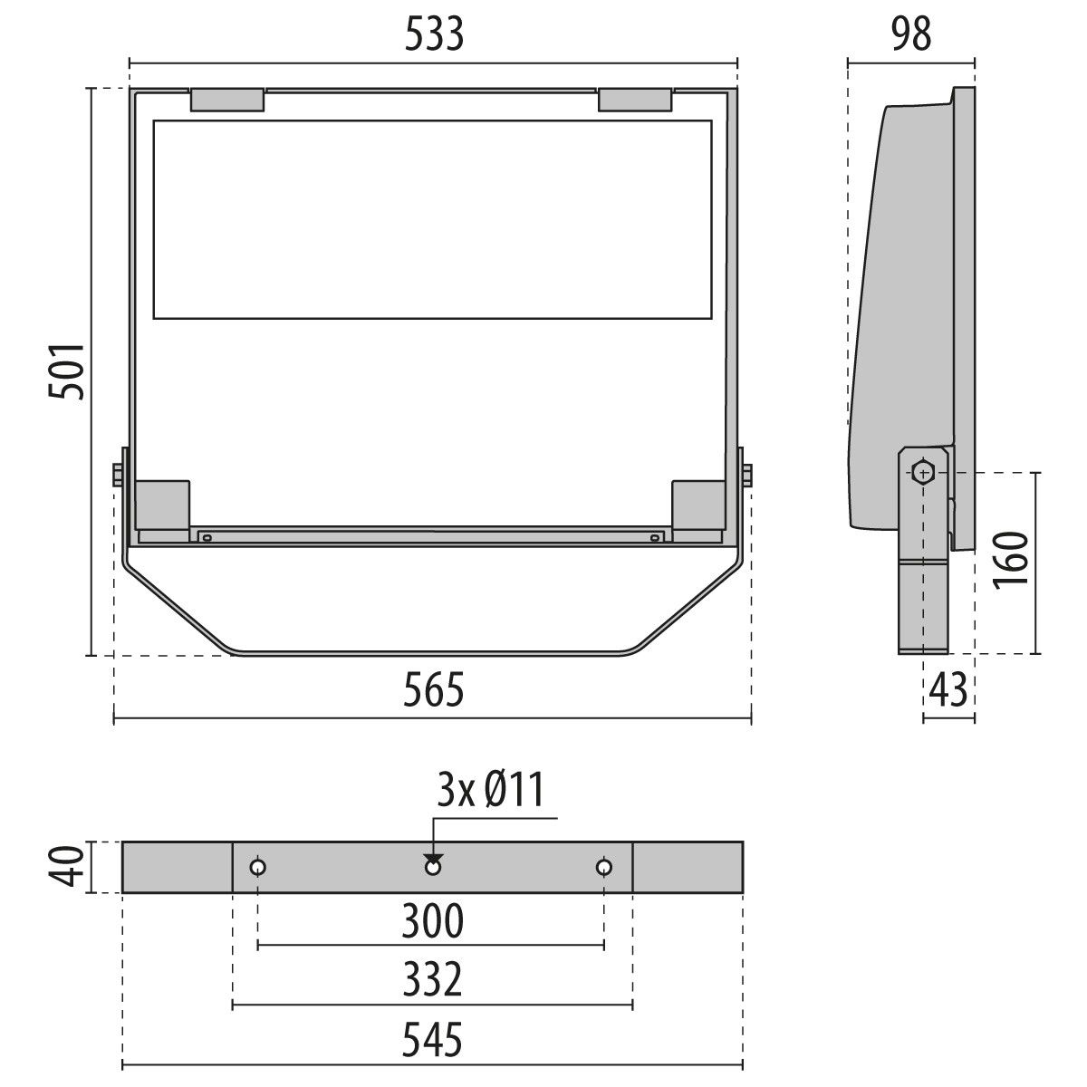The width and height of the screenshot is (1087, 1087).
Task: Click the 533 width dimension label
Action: [x=434, y=34]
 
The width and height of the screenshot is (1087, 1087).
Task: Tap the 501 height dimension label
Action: [x=67, y=370]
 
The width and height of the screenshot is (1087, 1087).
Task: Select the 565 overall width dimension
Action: [x=434, y=691]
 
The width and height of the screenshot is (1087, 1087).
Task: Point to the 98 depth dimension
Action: [x=910, y=34]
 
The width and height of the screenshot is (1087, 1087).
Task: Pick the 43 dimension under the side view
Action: [x=948, y=691]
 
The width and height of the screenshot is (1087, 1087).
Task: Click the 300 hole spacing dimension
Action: [x=432, y=921]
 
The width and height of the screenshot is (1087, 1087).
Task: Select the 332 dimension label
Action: [x=432, y=980]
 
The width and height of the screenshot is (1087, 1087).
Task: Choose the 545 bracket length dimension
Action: [x=432, y=1040]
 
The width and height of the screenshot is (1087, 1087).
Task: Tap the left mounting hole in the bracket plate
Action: [x=258, y=868]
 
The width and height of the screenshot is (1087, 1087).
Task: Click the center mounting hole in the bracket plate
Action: [x=433, y=868]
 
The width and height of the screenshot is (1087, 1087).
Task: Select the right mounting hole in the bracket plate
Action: [x=604, y=868]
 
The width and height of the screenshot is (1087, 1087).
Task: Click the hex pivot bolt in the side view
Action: [x=923, y=472]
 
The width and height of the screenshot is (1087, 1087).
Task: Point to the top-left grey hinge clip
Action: [x=226, y=100]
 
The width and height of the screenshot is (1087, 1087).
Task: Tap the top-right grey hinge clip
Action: [x=635, y=100]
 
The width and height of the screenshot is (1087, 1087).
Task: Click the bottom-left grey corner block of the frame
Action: [x=162, y=504]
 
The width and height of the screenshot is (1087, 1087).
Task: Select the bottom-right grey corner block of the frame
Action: [x=698, y=504]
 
